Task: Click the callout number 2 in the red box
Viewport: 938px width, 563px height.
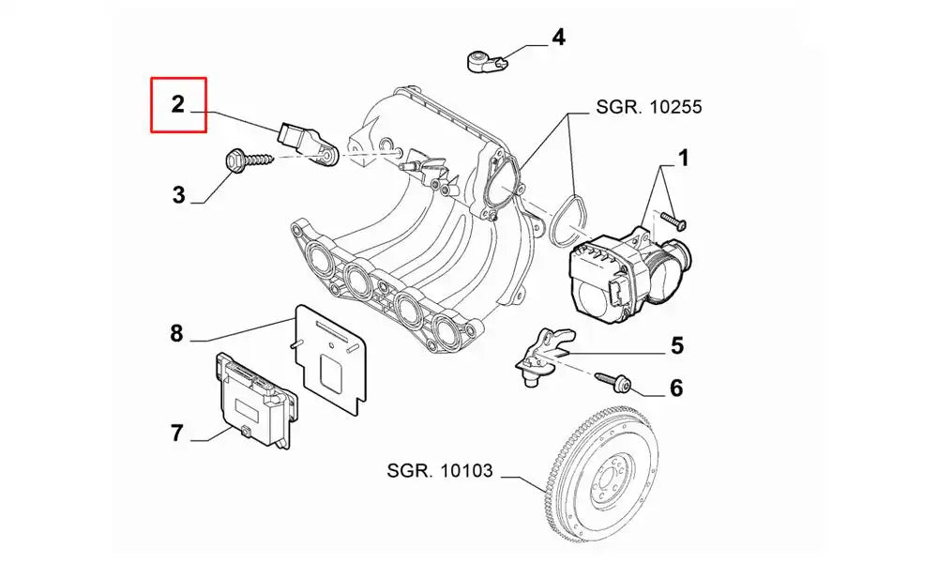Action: [x=178, y=104]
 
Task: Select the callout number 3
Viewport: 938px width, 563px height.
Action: [x=178, y=195]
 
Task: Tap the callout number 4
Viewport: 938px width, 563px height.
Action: [x=558, y=38]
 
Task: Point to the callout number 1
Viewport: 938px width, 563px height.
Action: [x=684, y=159]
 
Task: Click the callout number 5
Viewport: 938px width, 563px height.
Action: [x=676, y=346]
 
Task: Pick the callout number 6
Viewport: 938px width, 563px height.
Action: [x=676, y=387]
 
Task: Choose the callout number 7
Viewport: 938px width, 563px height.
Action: [x=176, y=433]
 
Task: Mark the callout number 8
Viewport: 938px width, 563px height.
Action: [x=176, y=333]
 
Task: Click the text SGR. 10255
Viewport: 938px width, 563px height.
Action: [x=648, y=107]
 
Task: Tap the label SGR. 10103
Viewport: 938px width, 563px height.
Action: [x=437, y=470]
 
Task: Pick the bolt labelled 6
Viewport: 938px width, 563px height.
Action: [x=614, y=381]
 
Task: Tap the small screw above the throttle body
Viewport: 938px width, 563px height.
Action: [x=673, y=221]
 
